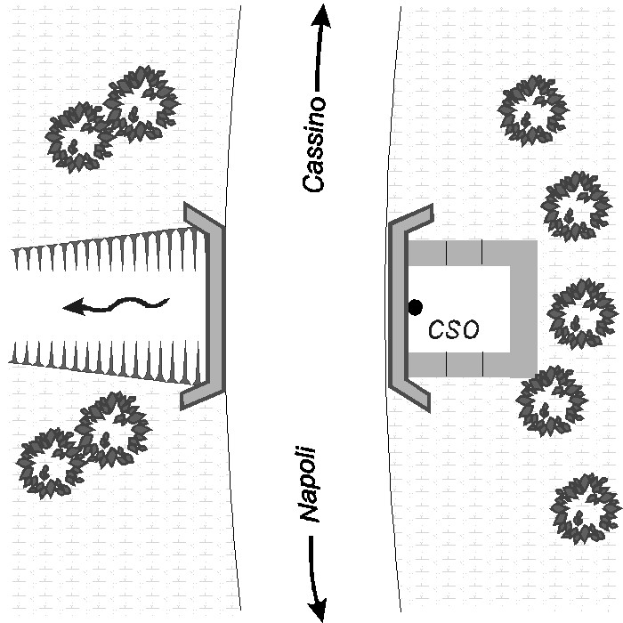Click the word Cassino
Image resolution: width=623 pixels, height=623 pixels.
click(314, 143)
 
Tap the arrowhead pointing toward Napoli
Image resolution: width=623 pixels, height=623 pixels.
click(316, 608)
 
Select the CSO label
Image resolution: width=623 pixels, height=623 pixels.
click(453, 330)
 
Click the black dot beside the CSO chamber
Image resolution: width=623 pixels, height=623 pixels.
click(415, 307)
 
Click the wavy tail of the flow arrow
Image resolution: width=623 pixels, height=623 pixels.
click(133, 304)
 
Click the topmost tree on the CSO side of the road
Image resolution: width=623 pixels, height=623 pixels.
click(532, 110)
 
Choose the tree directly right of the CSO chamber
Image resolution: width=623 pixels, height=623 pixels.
click(581, 313)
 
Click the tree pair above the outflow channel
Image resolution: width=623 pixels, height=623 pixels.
click(111, 118)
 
